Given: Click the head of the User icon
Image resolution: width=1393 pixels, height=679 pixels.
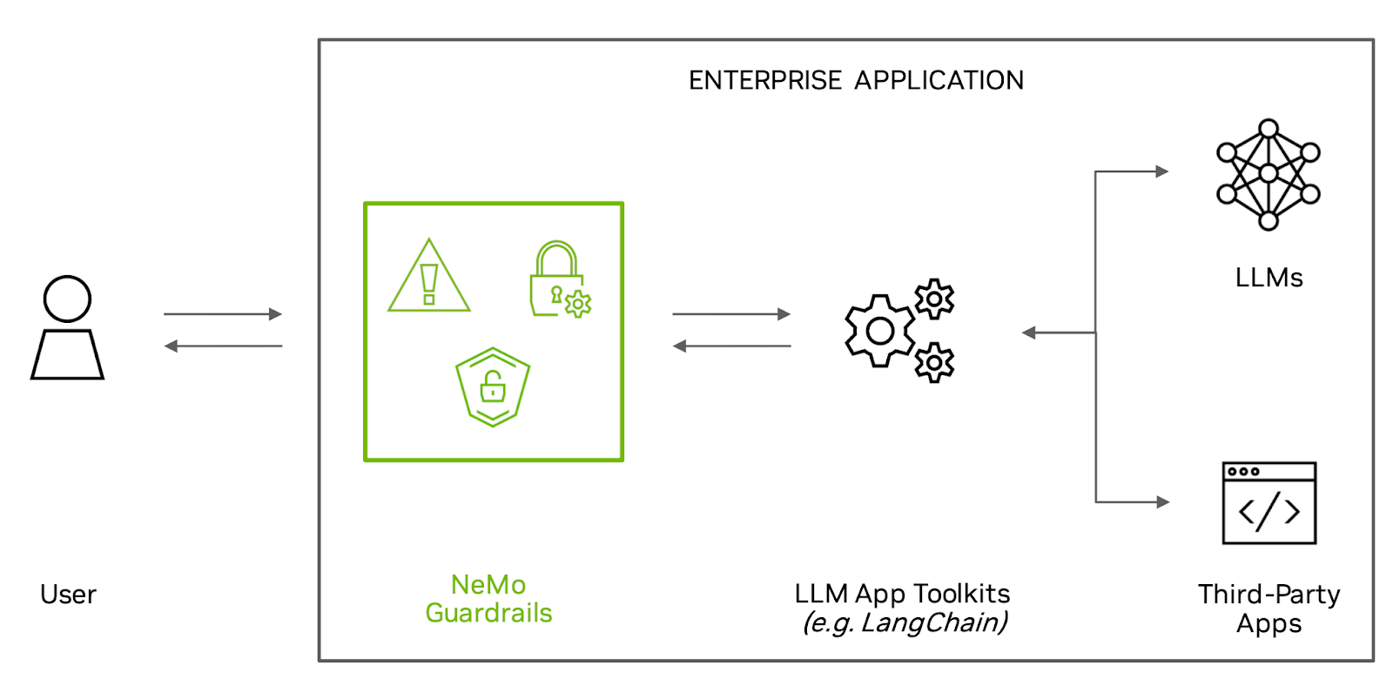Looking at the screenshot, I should (x=67, y=299).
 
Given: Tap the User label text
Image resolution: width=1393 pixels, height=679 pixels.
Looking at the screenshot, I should (x=68, y=595).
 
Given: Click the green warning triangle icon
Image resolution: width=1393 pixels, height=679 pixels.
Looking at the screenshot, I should (x=428, y=278).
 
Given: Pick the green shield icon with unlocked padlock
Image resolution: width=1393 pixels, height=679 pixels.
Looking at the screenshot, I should (x=493, y=387).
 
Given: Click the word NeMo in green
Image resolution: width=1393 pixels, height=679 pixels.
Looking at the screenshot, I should (x=488, y=584).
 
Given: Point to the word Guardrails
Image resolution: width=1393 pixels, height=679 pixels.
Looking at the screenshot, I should (x=488, y=613).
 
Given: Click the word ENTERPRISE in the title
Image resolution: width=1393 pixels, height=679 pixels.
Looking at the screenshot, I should (x=765, y=80).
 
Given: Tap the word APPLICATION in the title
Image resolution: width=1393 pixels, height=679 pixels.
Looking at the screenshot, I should (x=939, y=80).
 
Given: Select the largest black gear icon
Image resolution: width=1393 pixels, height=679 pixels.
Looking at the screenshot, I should (x=879, y=331).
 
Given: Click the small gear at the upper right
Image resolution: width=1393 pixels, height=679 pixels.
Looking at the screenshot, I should (x=934, y=299).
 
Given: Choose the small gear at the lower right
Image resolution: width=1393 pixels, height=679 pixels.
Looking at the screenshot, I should (x=934, y=362).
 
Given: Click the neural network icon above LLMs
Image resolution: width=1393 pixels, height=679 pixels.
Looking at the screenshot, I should (x=1268, y=174).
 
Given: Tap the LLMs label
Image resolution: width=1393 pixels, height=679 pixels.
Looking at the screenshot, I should (x=1269, y=278).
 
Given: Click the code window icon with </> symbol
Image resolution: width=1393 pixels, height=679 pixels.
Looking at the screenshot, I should (x=1269, y=503).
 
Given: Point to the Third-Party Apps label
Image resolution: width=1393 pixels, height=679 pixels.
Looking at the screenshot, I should (x=1269, y=608).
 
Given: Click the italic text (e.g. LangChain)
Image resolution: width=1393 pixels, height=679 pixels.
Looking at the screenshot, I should (x=905, y=623).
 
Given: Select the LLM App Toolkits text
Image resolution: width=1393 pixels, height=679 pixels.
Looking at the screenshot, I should (x=902, y=594).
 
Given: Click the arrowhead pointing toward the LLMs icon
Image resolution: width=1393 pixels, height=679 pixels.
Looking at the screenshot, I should (x=1161, y=171).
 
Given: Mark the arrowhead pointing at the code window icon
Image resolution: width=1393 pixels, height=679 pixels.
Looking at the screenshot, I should (x=1162, y=502).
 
